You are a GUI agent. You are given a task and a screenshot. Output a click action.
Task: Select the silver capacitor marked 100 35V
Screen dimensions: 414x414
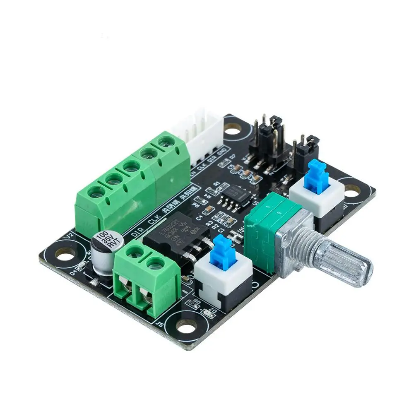(103, 253)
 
